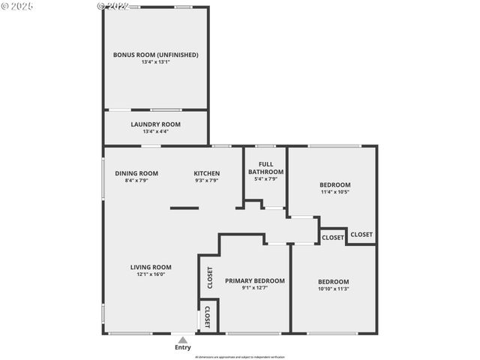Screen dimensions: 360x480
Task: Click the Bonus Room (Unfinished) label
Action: pos(155,55)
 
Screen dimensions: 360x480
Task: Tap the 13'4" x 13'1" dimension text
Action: pos(155,62)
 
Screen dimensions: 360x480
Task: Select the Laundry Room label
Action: pos(155,124)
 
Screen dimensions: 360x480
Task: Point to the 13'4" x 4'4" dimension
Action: pos(155,131)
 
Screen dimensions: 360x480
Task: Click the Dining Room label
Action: pos(136,173)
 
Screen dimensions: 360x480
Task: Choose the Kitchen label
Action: pos(206,173)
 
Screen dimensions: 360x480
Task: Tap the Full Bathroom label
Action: pos(266,168)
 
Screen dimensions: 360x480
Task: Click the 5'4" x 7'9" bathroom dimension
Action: pos(266,179)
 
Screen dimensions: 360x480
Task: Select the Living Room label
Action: pos(151,267)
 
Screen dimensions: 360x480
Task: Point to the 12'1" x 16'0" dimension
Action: pos(151,274)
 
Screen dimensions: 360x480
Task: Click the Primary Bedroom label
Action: pos(255,280)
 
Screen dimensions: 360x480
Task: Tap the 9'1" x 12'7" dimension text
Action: pos(255,288)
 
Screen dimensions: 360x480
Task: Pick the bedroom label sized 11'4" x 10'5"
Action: pos(334,184)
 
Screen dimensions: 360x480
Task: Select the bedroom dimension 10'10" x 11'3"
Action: pos(333,289)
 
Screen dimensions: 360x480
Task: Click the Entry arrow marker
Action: pos(183,340)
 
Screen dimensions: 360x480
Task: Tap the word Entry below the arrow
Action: pos(183,347)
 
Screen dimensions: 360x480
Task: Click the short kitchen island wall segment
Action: pos(184,208)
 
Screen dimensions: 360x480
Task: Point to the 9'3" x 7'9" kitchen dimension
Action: pos(206,181)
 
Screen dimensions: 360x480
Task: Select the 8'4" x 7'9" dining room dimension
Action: pos(136,181)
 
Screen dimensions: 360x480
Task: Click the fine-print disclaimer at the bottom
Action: pos(240,357)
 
